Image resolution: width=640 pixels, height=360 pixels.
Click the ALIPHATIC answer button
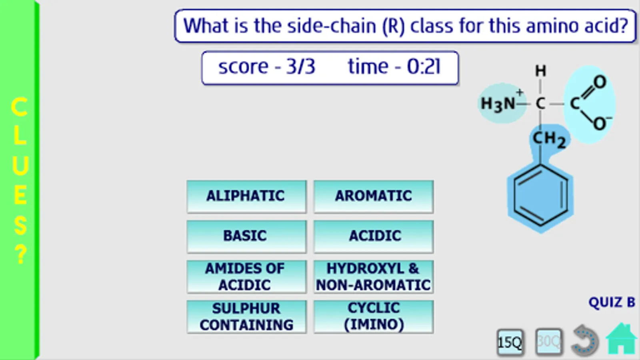click(x=246, y=196)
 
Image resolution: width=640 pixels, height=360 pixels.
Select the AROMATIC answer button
click(x=374, y=196)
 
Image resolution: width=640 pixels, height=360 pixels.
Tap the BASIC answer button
click(x=246, y=236)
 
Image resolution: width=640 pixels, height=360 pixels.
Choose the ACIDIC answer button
click(x=374, y=236)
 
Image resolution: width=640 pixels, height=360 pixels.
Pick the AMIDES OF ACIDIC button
click(x=246, y=276)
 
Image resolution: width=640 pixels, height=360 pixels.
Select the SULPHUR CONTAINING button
click(x=246, y=316)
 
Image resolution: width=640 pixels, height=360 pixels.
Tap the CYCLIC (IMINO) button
click(x=374, y=316)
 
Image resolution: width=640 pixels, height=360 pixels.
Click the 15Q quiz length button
click(x=510, y=342)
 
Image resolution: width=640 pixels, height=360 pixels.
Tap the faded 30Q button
click(x=548, y=342)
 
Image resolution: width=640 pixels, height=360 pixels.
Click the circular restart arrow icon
click(x=584, y=340)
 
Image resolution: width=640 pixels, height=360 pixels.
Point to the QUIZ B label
click(x=612, y=302)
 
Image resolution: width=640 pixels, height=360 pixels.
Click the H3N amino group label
click(x=498, y=104)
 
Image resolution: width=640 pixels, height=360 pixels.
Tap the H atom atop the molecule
click(x=540, y=71)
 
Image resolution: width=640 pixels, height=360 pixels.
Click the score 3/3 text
click(x=266, y=66)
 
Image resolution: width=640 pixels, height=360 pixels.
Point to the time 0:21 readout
click(x=394, y=66)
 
